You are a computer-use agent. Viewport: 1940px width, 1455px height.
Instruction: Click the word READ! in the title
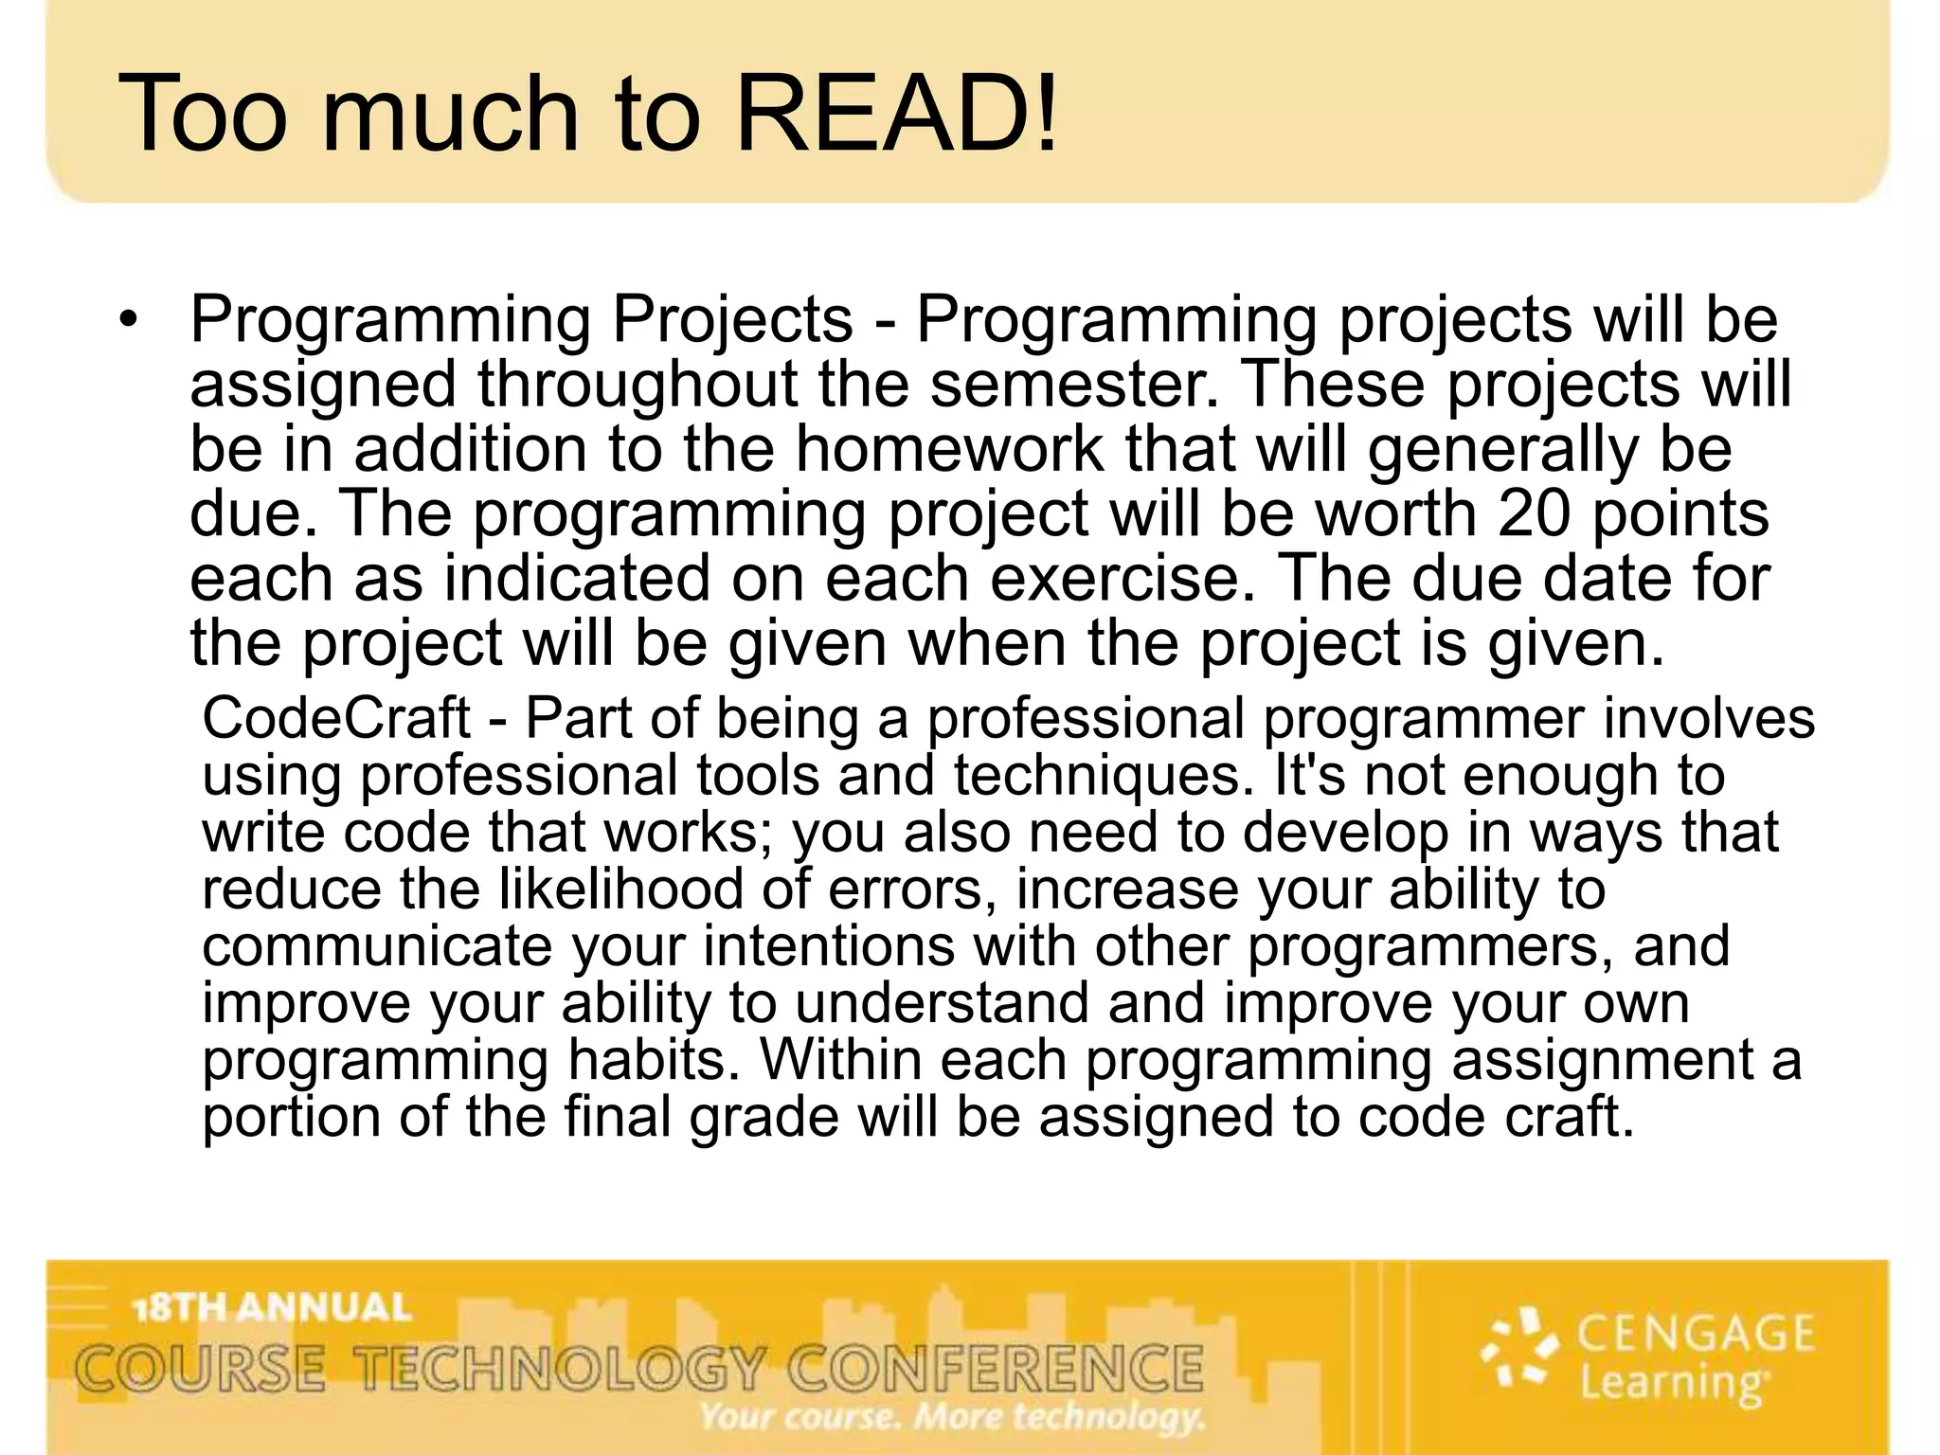point(895,114)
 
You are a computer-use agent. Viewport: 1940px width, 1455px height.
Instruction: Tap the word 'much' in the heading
point(451,114)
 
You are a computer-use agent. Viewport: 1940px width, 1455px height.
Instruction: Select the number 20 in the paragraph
point(1535,513)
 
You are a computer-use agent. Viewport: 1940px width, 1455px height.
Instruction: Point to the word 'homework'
point(948,449)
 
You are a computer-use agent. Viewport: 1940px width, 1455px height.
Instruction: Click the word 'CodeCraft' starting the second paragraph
point(336,718)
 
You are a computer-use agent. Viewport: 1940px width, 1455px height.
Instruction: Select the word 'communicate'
point(376,946)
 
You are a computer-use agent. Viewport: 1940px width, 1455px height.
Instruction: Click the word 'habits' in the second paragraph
point(653,1060)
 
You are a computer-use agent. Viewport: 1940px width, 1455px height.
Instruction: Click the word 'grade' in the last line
point(763,1117)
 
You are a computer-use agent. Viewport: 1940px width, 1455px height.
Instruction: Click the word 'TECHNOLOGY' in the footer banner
point(559,1369)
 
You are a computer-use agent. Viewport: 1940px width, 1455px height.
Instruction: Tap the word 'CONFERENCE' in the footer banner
point(996,1369)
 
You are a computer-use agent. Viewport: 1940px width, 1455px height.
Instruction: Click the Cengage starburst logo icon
point(1519,1349)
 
